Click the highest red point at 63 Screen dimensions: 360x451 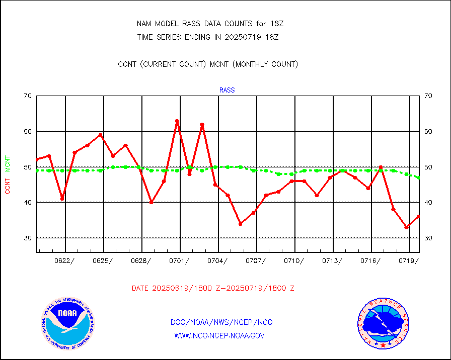177,121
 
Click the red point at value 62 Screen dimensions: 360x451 202,125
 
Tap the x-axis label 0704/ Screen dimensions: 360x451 217,261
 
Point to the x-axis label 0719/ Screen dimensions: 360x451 408,261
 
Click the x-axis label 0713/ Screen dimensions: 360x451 332,261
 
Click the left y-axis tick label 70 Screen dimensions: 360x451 27,96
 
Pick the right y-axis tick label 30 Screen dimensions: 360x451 428,238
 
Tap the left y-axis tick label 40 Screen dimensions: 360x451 27,202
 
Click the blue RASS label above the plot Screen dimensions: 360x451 227,91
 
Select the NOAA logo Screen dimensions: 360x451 67,322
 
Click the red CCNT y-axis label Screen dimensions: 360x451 8,185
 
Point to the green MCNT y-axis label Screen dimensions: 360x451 8,163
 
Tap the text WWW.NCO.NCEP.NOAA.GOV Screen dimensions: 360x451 219,335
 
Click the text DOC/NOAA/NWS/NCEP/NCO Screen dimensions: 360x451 221,322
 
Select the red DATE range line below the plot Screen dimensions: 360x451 212,289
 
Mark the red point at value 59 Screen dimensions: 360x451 100,135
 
